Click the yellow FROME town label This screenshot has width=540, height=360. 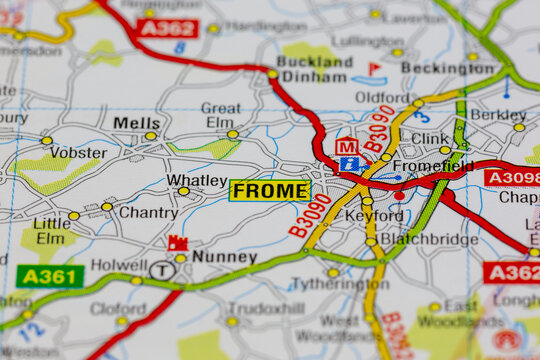269,190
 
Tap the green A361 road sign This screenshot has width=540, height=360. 49,276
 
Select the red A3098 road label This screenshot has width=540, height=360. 512,178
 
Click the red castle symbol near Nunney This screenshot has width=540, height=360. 178,243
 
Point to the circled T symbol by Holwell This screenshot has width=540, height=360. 160,269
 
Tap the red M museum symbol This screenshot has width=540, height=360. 346,146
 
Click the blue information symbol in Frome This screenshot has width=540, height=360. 349,164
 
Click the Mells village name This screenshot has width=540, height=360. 136,123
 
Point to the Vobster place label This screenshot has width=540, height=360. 78,153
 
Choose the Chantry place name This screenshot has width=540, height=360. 148,212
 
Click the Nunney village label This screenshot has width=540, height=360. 224,257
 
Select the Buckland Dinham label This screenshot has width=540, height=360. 314,67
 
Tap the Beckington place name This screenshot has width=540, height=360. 447,68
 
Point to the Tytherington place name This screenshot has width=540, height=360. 339,284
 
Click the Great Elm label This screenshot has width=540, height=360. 220,115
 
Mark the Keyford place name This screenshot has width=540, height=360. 374,215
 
